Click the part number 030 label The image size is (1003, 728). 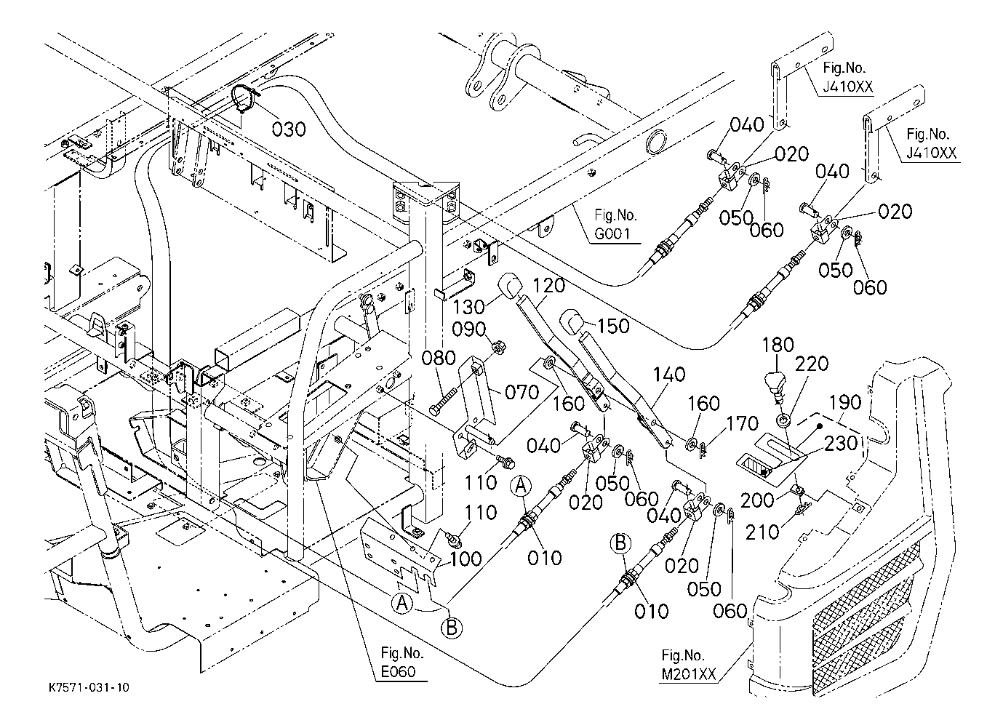coord(289,129)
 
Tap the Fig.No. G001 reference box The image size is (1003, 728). coord(615,225)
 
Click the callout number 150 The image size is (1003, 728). coord(613,327)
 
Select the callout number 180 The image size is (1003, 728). coord(779,345)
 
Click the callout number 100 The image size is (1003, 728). coord(465,559)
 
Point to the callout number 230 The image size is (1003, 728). coord(840,443)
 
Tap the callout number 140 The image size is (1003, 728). coord(668,375)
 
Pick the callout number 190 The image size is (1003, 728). coord(844,402)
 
